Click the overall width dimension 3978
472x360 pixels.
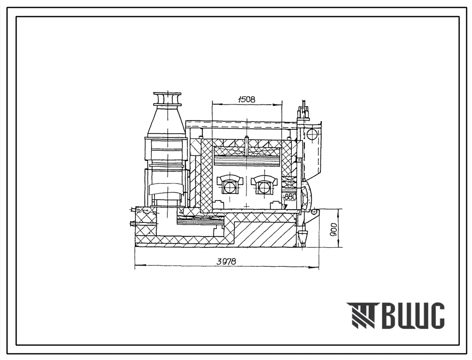tap(226, 261)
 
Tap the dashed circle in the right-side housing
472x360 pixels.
tap(312, 134)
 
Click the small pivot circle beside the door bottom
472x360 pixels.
tap(315, 212)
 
